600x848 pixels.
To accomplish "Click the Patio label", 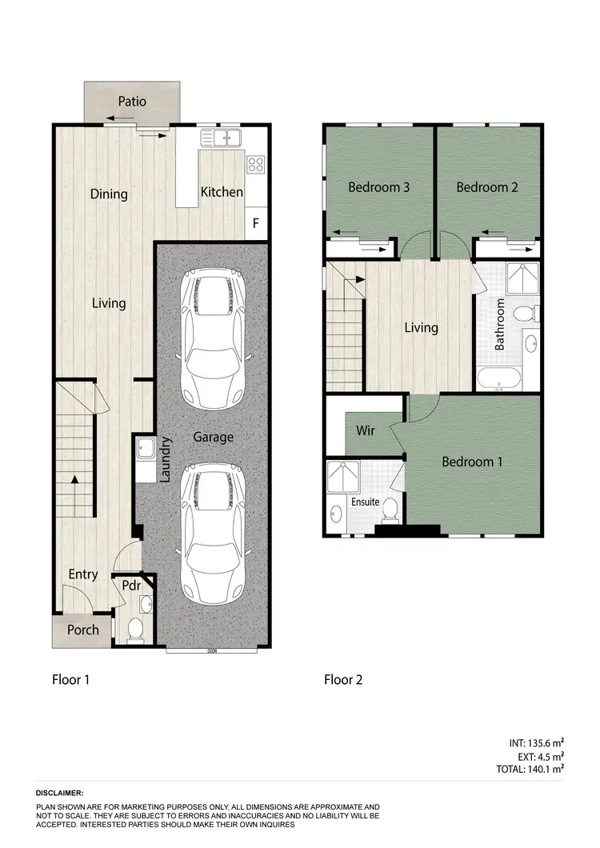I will click(x=132, y=102).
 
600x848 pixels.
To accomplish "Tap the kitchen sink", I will click(x=222, y=138).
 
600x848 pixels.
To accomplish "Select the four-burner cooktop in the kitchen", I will click(x=256, y=165).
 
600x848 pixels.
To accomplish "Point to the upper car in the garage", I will click(x=212, y=336).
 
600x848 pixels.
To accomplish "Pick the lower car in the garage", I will click(x=212, y=536).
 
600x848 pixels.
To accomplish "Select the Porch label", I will click(x=82, y=630).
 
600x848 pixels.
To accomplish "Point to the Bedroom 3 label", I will click(x=379, y=187).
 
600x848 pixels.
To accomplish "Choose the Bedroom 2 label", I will click(x=487, y=187).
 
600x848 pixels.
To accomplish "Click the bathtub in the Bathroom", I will click(x=498, y=378).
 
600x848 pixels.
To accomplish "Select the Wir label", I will click(x=366, y=431).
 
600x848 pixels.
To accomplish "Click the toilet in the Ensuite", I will click(x=390, y=509).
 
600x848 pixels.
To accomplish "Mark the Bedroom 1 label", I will click(x=473, y=462).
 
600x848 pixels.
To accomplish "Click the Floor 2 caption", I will click(x=343, y=680).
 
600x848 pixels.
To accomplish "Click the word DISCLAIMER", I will click(x=60, y=792).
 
